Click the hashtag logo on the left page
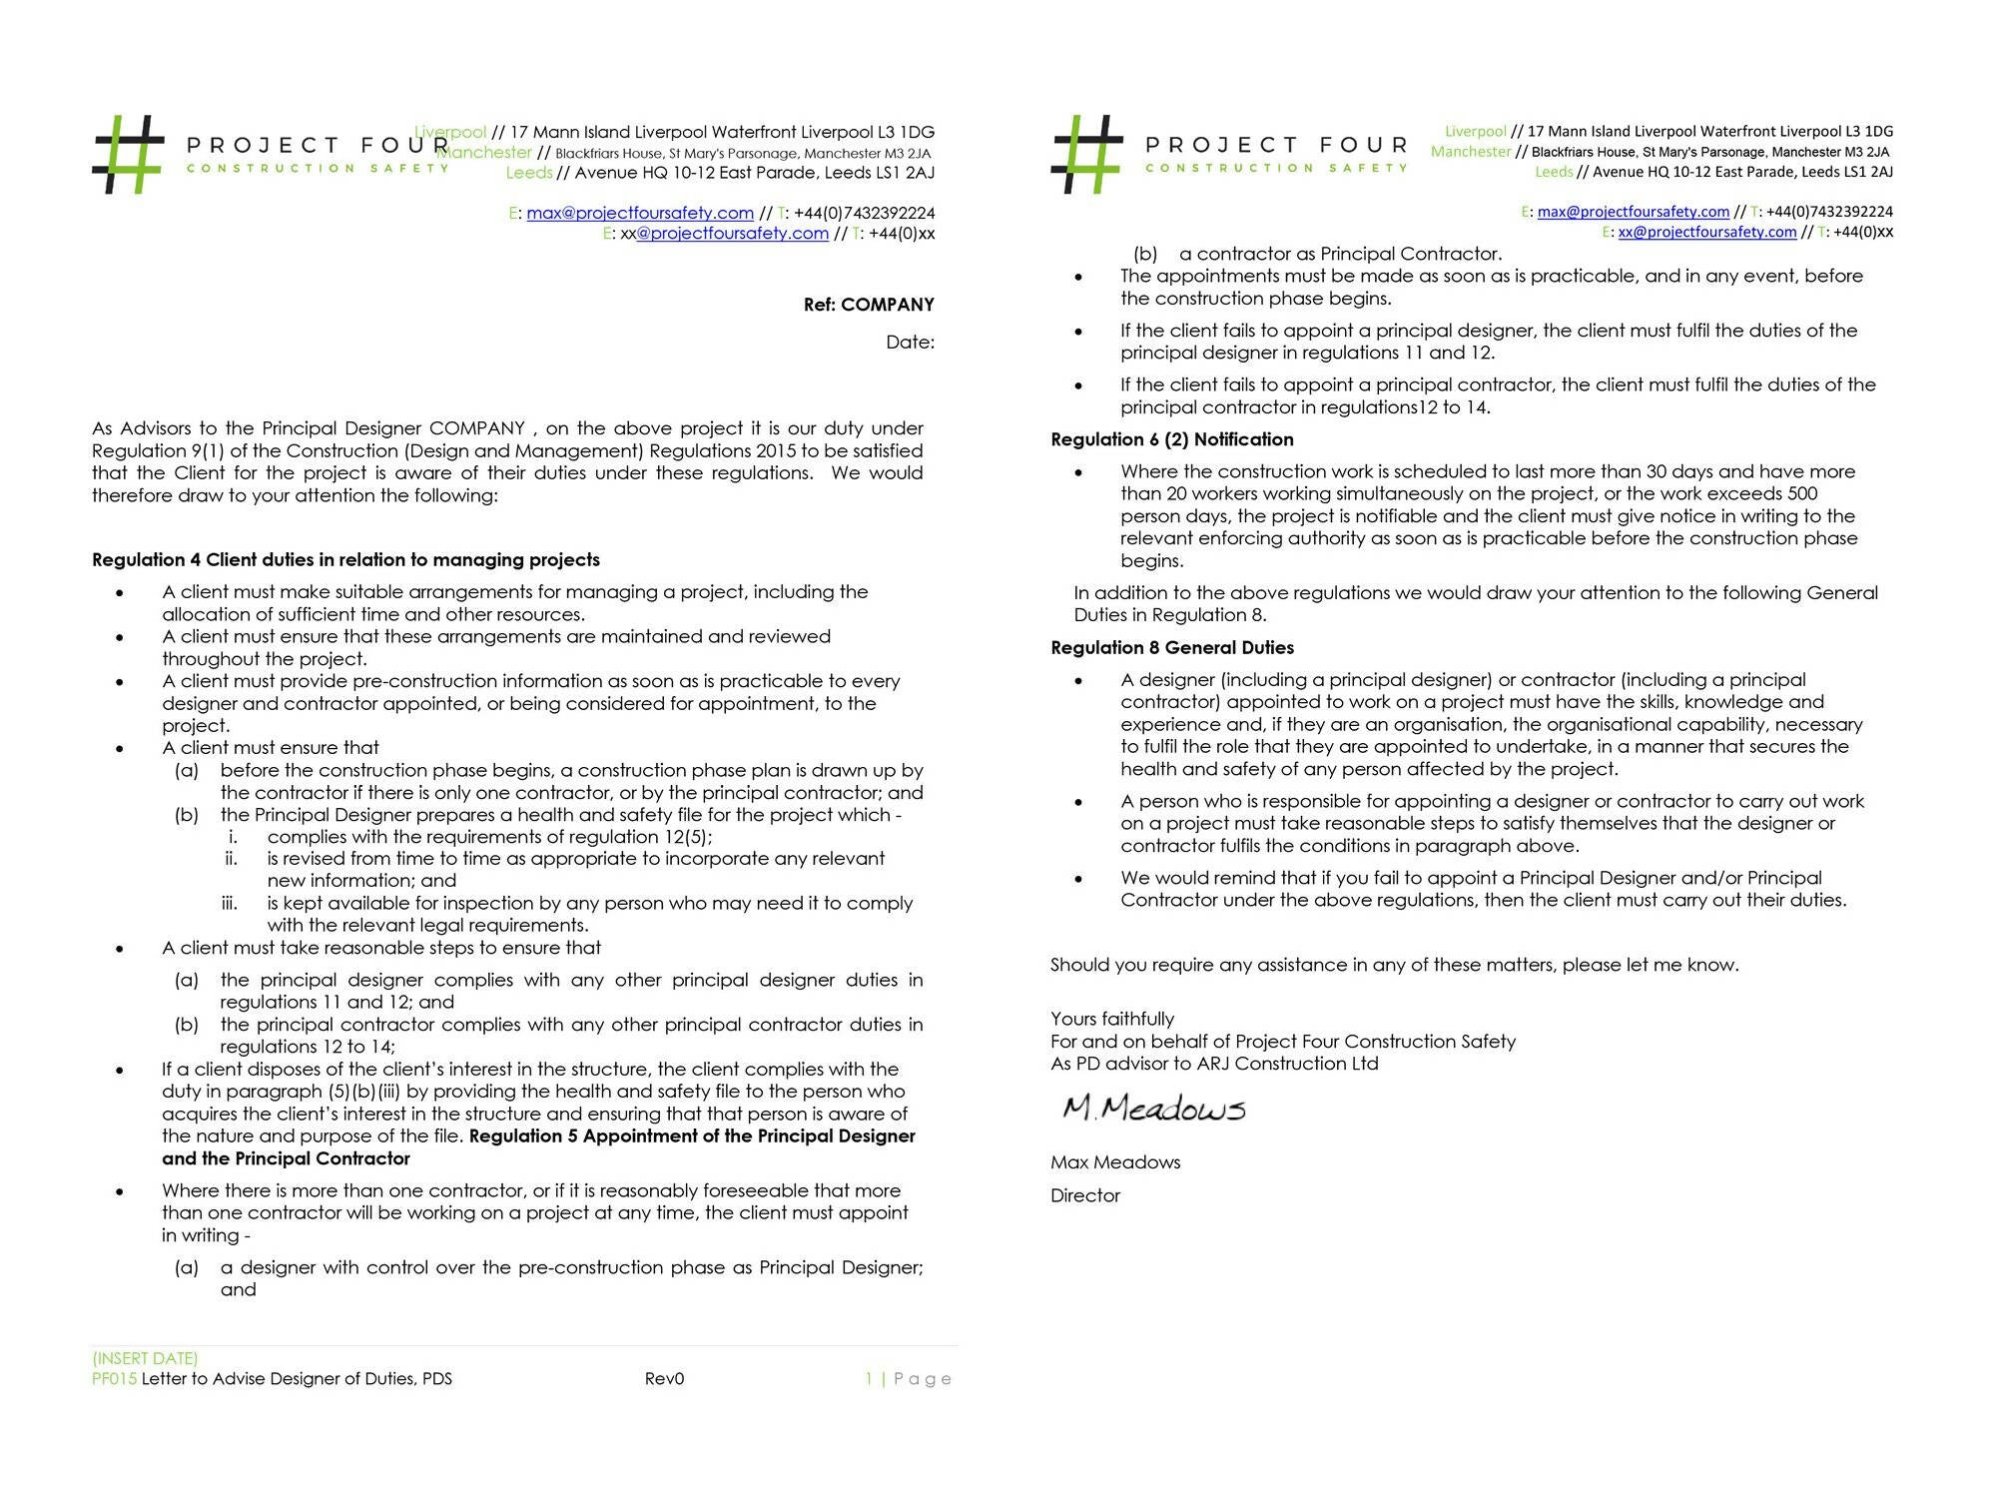coord(128,154)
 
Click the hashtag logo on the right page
coord(1086,154)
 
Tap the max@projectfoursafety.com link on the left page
coord(640,213)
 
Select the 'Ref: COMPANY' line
coord(869,305)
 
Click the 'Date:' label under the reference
coord(910,343)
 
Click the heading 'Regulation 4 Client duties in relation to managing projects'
coord(345,560)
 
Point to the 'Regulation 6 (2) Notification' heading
coord(1171,439)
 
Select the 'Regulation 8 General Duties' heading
coord(1171,647)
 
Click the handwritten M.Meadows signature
coord(1153,1109)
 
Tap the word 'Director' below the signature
coord(1084,1195)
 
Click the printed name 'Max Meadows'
coord(1114,1162)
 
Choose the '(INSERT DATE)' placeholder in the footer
coord(145,1358)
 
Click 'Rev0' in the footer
coord(664,1379)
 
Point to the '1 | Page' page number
coord(908,1379)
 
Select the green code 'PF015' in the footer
coord(114,1379)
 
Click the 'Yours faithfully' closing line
coord(1111,1019)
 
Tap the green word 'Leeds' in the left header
coord(529,173)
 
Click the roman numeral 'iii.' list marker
coord(230,903)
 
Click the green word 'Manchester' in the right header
coord(1470,152)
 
